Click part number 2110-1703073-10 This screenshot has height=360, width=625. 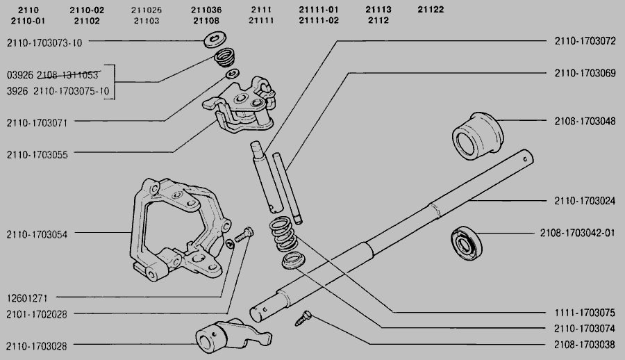tap(44, 42)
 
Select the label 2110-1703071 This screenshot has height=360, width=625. tap(37, 122)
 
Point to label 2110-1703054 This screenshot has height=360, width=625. tap(37, 234)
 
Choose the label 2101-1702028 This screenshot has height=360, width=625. tap(37, 315)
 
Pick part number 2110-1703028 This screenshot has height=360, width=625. tap(37, 345)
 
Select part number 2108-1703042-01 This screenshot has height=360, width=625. tap(577, 233)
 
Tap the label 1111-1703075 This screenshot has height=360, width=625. tap(585, 312)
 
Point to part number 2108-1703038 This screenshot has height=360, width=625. tap(585, 343)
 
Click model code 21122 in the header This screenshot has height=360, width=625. tap(431, 10)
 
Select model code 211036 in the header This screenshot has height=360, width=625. tap(207, 10)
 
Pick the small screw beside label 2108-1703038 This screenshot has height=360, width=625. tap(303, 317)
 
